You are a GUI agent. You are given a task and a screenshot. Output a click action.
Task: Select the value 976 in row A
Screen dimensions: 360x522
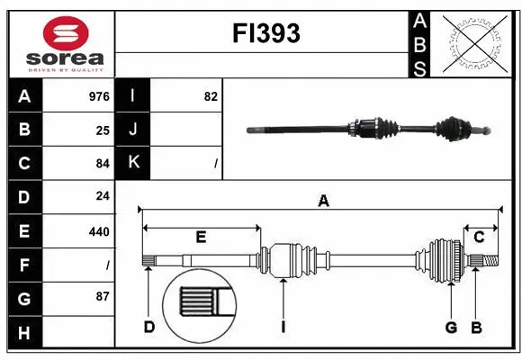[99, 96]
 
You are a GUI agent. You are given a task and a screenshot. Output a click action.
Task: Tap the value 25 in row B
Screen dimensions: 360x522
[103, 130]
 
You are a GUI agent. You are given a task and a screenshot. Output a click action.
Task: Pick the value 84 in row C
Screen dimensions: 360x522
[102, 164]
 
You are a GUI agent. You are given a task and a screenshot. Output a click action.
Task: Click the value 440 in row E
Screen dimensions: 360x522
[99, 231]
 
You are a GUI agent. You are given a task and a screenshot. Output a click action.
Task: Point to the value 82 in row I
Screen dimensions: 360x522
[211, 96]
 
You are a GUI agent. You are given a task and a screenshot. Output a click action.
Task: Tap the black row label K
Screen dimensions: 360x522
[134, 164]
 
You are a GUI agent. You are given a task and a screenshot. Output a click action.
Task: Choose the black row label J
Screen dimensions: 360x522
[134, 130]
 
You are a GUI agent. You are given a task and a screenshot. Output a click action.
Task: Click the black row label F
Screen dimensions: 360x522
[24, 265]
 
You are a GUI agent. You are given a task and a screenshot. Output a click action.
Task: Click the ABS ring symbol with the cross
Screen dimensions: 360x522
[473, 43]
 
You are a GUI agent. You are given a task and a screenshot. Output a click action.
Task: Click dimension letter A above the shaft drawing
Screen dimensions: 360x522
[323, 202]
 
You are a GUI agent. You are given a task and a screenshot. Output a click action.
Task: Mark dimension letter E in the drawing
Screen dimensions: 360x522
[201, 238]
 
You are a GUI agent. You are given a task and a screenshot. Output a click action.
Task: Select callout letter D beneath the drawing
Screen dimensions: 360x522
[149, 328]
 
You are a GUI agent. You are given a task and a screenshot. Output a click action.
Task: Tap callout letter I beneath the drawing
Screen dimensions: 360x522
[283, 328]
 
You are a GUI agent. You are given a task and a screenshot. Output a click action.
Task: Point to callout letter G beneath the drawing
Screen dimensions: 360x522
[451, 328]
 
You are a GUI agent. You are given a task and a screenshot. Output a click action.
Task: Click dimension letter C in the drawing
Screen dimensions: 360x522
[480, 238]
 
